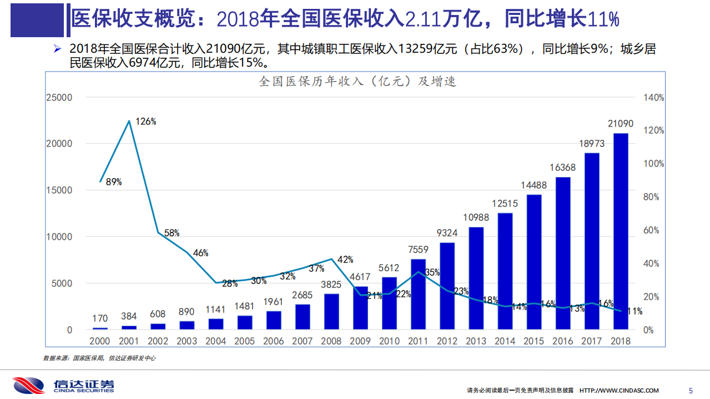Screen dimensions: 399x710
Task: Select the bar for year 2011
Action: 418,294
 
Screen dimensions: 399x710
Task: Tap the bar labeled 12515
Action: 505,271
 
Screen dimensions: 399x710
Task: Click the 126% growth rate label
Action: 145,122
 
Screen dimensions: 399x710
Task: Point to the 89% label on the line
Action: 113,181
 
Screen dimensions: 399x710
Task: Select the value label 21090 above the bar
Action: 620,124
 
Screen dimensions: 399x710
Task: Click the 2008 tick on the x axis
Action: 331,341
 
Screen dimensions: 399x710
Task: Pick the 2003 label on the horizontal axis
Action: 187,341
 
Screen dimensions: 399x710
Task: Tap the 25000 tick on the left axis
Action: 59,98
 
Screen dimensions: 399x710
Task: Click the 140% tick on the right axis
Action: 653,98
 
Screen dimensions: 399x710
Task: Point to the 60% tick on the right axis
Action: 651,230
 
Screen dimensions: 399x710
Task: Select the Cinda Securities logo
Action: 64,385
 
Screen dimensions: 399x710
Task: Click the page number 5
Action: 691,390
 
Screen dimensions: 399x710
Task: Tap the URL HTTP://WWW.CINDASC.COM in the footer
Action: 619,391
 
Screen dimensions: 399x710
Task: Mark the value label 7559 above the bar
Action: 418,250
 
